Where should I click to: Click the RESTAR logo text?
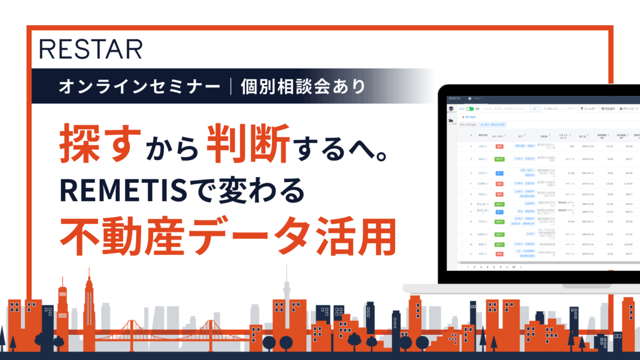tap(91, 49)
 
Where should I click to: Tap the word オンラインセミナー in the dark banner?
tap(140, 86)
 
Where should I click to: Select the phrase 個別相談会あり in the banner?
tap(303, 86)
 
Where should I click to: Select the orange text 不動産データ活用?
tap(229, 235)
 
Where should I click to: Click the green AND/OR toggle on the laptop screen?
tap(469, 108)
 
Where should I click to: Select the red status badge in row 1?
tap(499, 146)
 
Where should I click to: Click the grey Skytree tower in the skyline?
tap(285, 299)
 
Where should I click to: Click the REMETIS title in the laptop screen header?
tap(454, 99)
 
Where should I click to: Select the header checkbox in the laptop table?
tap(462, 136)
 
